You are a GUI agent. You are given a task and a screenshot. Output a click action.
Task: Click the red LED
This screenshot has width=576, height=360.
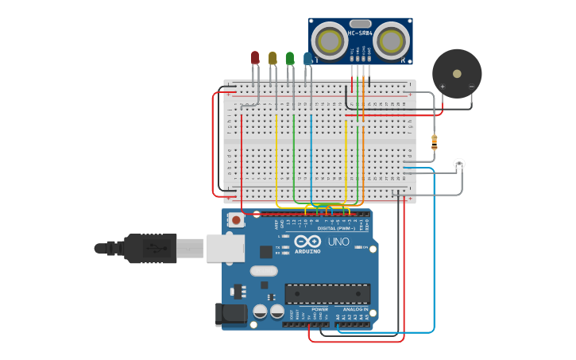pyautogui.click(x=254, y=57)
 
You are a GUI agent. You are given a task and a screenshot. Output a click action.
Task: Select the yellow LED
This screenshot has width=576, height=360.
pyautogui.click(x=273, y=58)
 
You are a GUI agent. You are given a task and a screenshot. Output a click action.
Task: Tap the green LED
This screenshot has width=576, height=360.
pyautogui.click(x=290, y=58)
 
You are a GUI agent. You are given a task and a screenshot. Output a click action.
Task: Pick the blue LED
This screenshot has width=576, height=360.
pyautogui.click(x=307, y=58)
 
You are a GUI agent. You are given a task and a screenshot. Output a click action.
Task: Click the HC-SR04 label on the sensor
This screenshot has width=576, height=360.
pyautogui.click(x=360, y=33)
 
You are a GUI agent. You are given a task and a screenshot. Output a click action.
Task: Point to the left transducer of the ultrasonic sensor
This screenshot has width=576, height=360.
pyautogui.click(x=329, y=40)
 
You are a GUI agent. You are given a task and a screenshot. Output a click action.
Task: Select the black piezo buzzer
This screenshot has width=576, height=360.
pyautogui.click(x=457, y=74)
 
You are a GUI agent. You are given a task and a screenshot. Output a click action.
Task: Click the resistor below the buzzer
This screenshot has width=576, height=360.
pyautogui.click(x=434, y=142)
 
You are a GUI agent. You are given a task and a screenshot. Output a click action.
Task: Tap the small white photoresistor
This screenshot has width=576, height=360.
pyautogui.click(x=459, y=165)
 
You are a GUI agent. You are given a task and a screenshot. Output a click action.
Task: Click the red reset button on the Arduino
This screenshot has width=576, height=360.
pyautogui.click(x=236, y=220)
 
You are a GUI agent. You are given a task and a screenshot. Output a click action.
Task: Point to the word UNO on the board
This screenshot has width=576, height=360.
pyautogui.click(x=338, y=242)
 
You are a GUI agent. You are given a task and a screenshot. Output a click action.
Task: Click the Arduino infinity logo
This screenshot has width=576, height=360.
pyautogui.click(x=307, y=241)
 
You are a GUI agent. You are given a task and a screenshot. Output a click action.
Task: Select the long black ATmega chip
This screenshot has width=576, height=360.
pyautogui.click(x=327, y=293)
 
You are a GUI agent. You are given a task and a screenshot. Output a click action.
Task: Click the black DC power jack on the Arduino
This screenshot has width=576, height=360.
pyautogui.click(x=231, y=314)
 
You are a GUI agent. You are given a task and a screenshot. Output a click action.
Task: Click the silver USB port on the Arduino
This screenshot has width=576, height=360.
pyautogui.click(x=226, y=248)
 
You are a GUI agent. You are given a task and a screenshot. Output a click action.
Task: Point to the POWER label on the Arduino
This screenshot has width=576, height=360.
pyautogui.click(x=319, y=309)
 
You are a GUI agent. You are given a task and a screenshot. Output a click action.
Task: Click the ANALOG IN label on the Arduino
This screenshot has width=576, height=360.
pyautogui.click(x=355, y=309)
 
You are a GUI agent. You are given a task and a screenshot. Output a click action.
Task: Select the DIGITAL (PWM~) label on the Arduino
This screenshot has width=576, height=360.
pyautogui.click(x=332, y=228)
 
